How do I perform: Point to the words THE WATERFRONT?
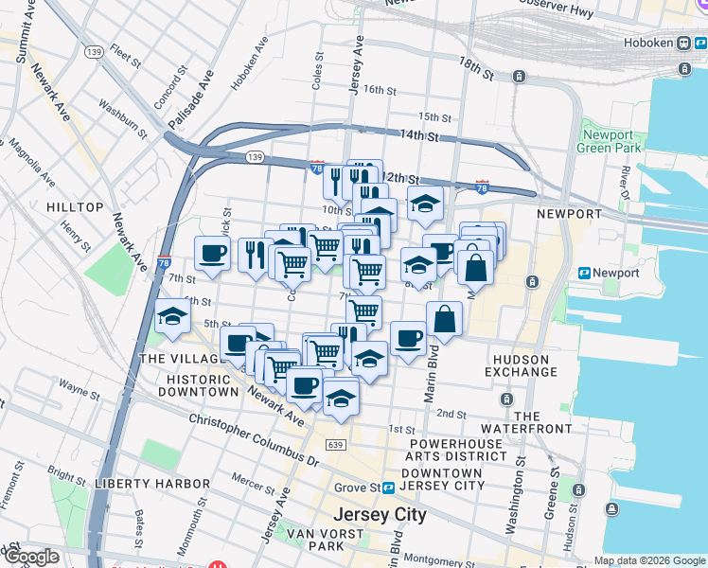point(540,422)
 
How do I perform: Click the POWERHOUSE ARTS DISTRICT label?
point(458,450)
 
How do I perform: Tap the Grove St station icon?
point(388,488)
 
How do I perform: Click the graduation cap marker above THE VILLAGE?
point(172,316)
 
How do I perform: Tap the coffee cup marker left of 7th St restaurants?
point(212,253)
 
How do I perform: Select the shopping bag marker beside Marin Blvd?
point(444,319)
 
